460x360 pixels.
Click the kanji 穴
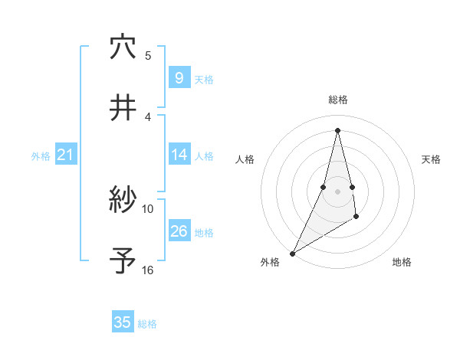tap(123, 47)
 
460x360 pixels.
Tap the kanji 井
tap(123, 109)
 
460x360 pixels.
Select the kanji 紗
tap(123, 200)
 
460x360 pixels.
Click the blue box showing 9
tap(179, 77)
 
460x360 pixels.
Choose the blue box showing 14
tap(179, 155)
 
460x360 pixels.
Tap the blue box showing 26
tap(179, 231)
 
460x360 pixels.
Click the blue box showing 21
tap(65, 155)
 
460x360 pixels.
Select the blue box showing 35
tap(123, 322)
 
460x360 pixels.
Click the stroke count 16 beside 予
tap(148, 270)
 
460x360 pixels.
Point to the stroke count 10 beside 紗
tap(148, 208)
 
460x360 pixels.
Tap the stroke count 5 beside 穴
tap(148, 55)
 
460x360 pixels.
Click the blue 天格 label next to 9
tap(204, 79)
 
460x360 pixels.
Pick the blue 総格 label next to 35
tap(147, 324)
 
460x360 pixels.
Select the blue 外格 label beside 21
tap(41, 156)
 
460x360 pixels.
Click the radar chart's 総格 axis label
tap(338, 100)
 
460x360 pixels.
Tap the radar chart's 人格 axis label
tap(245, 159)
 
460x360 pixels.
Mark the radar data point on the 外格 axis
tap(292, 253)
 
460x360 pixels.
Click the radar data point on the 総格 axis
tap(337, 129)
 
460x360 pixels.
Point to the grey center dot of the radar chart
tap(337, 191)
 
